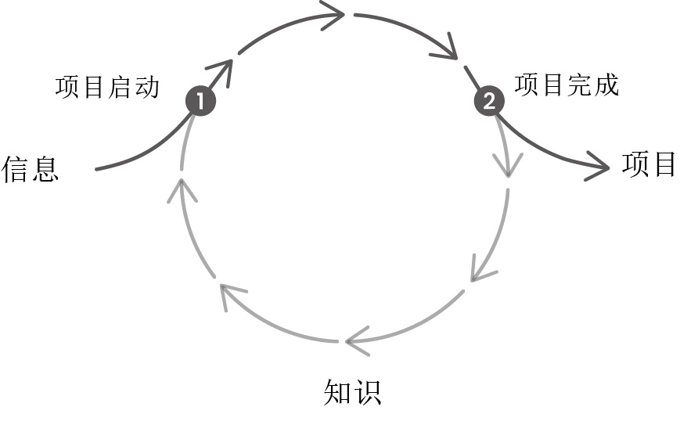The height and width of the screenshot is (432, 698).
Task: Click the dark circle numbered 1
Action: (x=200, y=101)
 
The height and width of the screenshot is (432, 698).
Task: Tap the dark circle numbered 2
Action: (x=490, y=101)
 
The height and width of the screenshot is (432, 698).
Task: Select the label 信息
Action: (x=31, y=169)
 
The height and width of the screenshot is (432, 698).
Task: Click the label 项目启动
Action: (x=107, y=86)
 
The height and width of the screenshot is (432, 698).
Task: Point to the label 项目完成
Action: (x=567, y=85)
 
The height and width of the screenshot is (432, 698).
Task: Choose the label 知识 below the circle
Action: (x=353, y=391)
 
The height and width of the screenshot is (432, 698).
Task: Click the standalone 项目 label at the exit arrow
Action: (x=649, y=164)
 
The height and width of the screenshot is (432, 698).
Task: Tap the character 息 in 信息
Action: (x=45, y=169)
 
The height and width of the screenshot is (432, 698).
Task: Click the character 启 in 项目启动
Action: (x=121, y=86)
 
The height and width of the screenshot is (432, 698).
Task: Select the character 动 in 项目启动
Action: (x=146, y=86)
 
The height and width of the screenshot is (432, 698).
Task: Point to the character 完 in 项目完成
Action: (x=580, y=85)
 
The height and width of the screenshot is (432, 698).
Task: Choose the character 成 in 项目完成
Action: (x=606, y=85)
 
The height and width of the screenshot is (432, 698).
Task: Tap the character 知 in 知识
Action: (x=338, y=391)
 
